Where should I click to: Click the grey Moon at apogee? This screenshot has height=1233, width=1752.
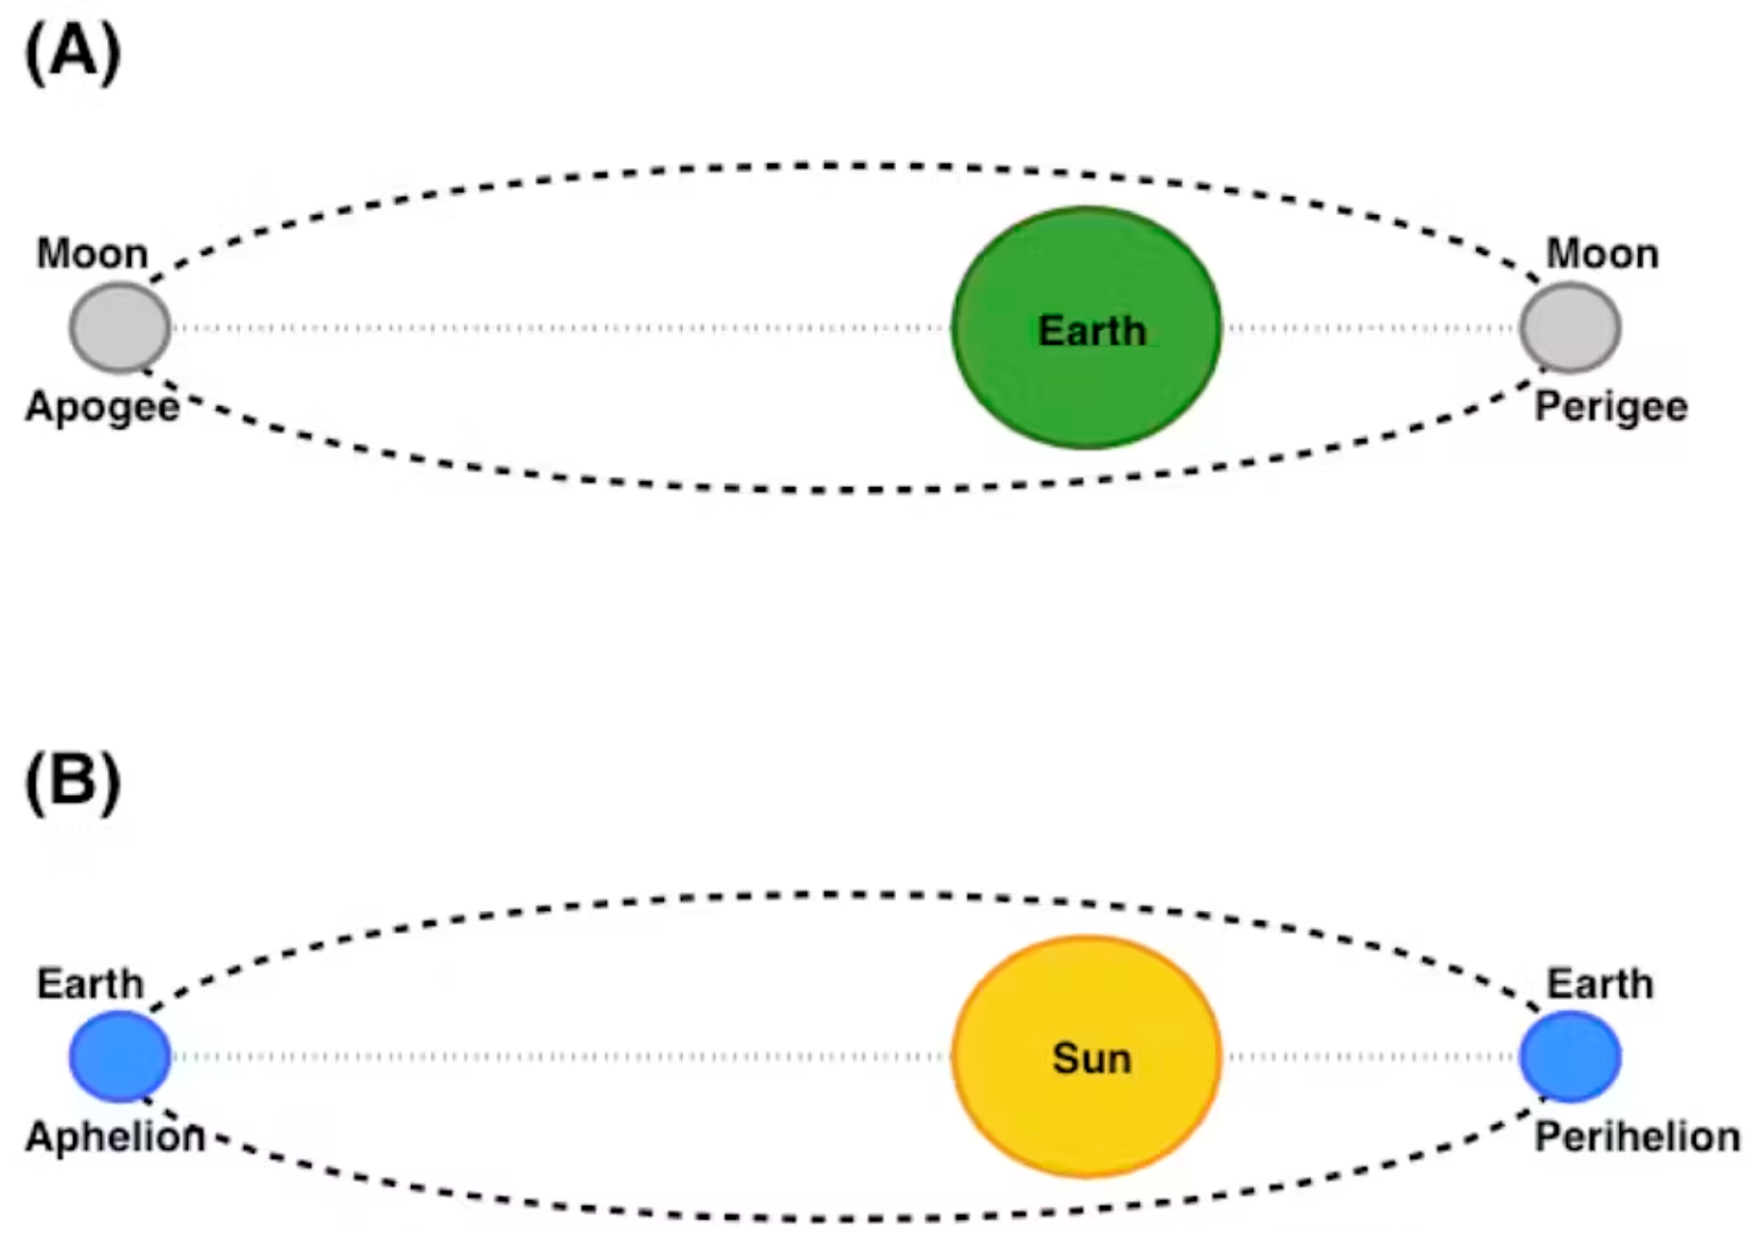click(120, 328)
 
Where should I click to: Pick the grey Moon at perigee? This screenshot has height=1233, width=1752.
click(1571, 328)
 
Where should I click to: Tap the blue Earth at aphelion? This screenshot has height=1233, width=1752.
click(120, 1056)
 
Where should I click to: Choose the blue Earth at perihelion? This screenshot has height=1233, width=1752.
click(1571, 1056)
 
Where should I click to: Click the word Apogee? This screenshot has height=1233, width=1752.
click(102, 407)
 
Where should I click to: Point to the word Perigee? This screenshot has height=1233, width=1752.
click(1611, 407)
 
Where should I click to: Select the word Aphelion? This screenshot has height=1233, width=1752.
click(115, 1137)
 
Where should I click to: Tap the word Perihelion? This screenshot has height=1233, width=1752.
click(1637, 1137)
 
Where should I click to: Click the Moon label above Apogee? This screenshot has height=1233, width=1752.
click(93, 254)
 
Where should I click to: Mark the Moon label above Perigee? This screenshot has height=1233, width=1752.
click(1602, 254)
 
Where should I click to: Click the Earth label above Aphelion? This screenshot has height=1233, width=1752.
click(90, 984)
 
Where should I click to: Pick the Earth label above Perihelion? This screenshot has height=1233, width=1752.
click(1600, 984)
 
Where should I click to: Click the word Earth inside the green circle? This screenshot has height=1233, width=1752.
click(1092, 331)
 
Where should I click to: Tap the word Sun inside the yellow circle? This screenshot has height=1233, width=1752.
click(1091, 1058)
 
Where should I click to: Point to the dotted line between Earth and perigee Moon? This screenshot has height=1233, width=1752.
click(1370, 328)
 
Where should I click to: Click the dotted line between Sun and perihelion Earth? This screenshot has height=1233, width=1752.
click(1370, 1056)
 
